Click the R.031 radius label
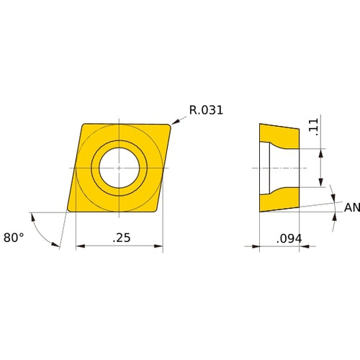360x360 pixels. [x=206, y=110]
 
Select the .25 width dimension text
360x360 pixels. [x=120, y=238]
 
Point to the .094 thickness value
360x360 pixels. [x=289, y=238]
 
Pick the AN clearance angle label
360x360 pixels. [x=351, y=207]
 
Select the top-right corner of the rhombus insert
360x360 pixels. [x=170, y=125]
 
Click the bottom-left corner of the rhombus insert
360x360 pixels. [x=68, y=211]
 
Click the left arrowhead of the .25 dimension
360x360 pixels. [x=78, y=246]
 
